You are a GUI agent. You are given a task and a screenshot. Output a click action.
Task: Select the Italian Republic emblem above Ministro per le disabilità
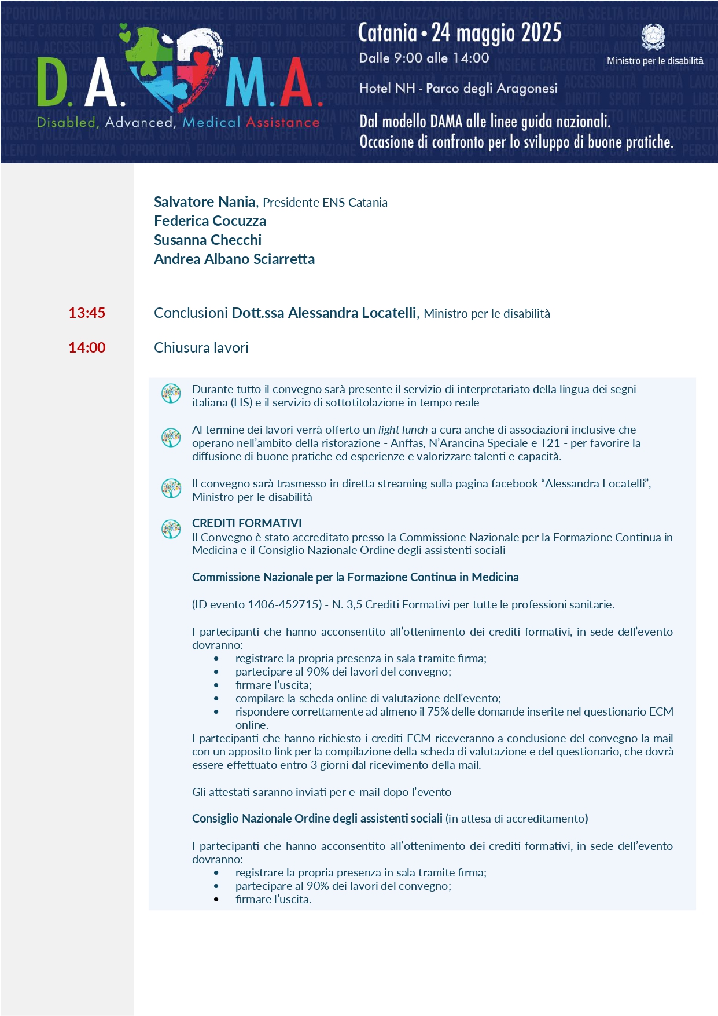pyautogui.click(x=654, y=37)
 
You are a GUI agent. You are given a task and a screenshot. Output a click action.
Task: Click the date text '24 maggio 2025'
pyautogui.click(x=496, y=33)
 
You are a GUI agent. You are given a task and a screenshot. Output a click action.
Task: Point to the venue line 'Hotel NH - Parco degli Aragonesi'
pyautogui.click(x=458, y=89)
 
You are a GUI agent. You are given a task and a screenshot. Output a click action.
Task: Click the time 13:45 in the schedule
pyautogui.click(x=87, y=313)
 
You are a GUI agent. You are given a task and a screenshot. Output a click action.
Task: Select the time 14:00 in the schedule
pyautogui.click(x=87, y=348)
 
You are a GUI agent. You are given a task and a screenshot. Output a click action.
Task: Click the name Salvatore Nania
pyautogui.click(x=204, y=202)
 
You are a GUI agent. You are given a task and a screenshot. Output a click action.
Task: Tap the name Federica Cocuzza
pyautogui.click(x=210, y=221)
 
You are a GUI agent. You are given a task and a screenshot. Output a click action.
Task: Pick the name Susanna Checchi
pyautogui.click(x=208, y=240)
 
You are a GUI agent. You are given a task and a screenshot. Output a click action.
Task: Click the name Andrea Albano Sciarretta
pyautogui.click(x=234, y=259)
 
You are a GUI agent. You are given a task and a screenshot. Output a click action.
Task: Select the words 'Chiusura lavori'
pyautogui.click(x=201, y=348)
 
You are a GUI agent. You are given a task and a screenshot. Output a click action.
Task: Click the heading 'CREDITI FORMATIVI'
pyautogui.click(x=247, y=523)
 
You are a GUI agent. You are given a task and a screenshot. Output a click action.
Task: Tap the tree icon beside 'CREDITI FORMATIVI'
pyautogui.click(x=171, y=529)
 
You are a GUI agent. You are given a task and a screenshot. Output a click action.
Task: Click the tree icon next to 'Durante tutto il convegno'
pyautogui.click(x=171, y=394)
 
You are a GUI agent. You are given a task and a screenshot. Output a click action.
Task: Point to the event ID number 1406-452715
pyautogui.click(x=285, y=605)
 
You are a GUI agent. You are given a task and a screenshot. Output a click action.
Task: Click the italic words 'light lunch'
pyautogui.click(x=403, y=430)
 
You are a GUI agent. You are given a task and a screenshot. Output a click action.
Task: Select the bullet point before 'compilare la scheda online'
pyautogui.click(x=216, y=699)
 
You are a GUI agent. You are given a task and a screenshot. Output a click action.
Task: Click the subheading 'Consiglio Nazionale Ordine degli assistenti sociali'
pyautogui.click(x=317, y=819)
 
